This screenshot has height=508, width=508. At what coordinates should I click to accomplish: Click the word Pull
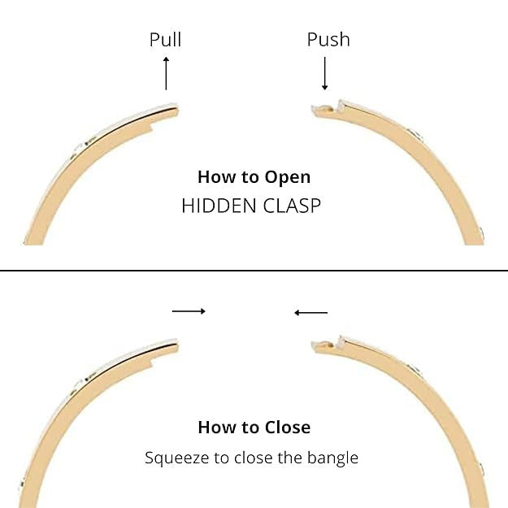[x=165, y=40]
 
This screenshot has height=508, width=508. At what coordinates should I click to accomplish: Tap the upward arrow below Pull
[x=166, y=73]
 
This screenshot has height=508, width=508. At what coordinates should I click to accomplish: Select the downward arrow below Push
[x=325, y=74]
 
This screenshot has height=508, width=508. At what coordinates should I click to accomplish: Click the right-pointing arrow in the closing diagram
[x=189, y=310]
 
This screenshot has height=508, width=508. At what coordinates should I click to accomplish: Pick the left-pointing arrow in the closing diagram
[x=310, y=312]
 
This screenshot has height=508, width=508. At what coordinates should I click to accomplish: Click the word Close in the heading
[x=288, y=427]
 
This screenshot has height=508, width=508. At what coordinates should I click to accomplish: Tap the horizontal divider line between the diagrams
[x=254, y=270]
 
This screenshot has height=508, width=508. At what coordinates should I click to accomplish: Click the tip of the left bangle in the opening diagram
[x=175, y=108]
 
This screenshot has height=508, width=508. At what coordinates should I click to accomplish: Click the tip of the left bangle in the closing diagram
[x=175, y=344]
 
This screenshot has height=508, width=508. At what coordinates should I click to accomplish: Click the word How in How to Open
[x=215, y=177]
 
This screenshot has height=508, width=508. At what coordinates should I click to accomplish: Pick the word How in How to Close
[x=215, y=427]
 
